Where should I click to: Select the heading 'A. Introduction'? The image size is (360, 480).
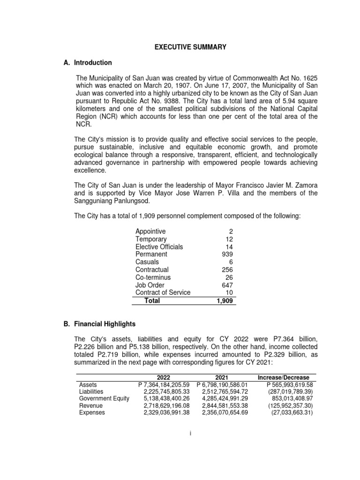tap(88, 62)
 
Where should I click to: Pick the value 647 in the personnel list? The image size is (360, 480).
tap(227, 285)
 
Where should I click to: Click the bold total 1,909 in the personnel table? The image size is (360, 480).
tap(224, 300)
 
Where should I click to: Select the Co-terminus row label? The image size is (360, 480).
tap(153, 277)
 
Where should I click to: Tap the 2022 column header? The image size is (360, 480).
tap(164, 377)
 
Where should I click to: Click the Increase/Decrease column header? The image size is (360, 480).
tap(283, 377)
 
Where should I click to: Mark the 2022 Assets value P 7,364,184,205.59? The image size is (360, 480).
tap(164, 384)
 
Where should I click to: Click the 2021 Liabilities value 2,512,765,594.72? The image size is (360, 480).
tap(224, 391)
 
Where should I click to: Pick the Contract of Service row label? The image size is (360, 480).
tap(163, 292)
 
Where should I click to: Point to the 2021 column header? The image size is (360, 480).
tap(222, 377)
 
